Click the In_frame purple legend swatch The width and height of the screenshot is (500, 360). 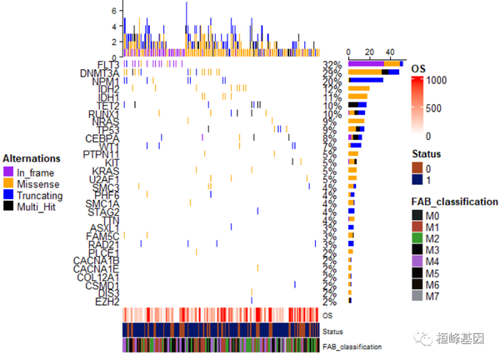click(x=9, y=171)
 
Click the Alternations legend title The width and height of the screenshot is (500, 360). click(x=32, y=158)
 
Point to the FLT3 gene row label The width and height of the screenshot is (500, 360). click(x=107, y=64)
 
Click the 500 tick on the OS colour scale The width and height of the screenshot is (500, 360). click(x=442, y=108)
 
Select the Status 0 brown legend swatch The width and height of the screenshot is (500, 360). click(x=418, y=168)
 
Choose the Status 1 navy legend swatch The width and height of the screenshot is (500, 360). click(x=418, y=180)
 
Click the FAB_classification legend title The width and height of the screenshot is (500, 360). click(x=455, y=202)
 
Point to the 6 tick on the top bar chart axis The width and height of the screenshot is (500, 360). click(x=115, y=10)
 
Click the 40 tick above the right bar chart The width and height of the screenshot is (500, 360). click(x=391, y=51)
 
